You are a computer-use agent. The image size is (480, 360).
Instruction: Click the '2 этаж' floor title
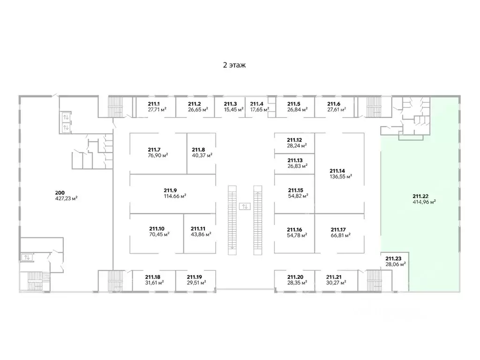(234, 65)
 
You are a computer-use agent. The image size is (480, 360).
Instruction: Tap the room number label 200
(60, 193)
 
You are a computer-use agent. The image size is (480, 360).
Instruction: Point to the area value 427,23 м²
(66, 198)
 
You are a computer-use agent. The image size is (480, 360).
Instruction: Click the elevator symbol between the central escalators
(245, 206)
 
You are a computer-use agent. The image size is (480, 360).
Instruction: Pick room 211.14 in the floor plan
(339, 173)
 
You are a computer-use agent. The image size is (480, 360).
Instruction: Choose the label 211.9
(170, 190)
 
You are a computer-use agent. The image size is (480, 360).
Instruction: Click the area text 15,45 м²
(234, 110)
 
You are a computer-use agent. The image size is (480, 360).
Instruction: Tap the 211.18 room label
(153, 277)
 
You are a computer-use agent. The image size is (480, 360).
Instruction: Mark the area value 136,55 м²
(341, 177)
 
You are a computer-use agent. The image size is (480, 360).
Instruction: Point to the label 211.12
(294, 140)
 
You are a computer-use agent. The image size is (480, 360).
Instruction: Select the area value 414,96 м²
(424, 202)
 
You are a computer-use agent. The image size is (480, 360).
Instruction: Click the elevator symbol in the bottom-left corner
(27, 257)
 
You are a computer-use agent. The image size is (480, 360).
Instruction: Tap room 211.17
(339, 233)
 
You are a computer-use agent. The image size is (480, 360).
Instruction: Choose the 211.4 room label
(256, 104)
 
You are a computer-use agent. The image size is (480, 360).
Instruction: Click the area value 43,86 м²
(201, 234)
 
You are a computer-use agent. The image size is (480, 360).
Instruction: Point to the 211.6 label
(334, 104)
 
